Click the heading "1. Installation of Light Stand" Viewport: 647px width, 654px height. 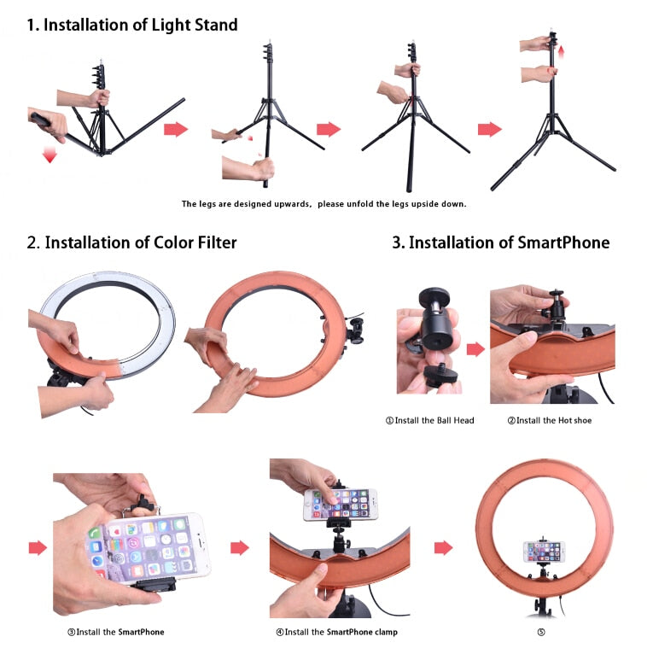[x=132, y=25]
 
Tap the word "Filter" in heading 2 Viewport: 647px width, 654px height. [x=217, y=242]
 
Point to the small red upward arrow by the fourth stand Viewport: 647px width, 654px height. [x=561, y=52]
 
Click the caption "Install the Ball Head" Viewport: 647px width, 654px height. [x=430, y=420]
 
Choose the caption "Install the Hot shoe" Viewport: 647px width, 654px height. [x=550, y=420]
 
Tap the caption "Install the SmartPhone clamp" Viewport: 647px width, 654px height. [x=337, y=632]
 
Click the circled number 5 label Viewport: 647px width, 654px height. [x=541, y=633]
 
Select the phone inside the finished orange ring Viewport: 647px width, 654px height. [x=544, y=552]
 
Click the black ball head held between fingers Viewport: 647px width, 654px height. [x=435, y=321]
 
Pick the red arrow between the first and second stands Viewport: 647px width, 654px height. [x=176, y=129]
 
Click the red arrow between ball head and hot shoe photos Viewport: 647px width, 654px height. [x=475, y=349]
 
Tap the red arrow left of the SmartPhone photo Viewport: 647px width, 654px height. [x=38, y=548]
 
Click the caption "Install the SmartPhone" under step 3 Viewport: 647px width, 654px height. [x=116, y=632]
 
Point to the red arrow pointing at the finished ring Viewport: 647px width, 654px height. [x=443, y=548]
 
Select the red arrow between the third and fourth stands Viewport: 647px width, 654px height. [x=490, y=129]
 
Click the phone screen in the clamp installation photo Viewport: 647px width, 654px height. [x=341, y=505]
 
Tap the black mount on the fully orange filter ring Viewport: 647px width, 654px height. [x=354, y=331]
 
